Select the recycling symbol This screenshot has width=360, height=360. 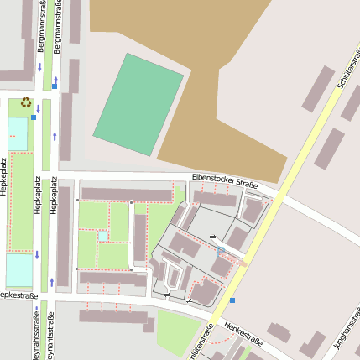coord(26,102)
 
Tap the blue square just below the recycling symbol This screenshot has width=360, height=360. coord(34,118)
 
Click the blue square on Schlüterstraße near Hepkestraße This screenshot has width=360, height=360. coord(232,300)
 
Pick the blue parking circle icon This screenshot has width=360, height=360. coord(221,251)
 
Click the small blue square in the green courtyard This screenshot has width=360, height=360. coord(103,237)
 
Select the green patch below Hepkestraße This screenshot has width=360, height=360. coord(178,332)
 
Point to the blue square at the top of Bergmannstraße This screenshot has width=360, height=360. coord(55,86)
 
